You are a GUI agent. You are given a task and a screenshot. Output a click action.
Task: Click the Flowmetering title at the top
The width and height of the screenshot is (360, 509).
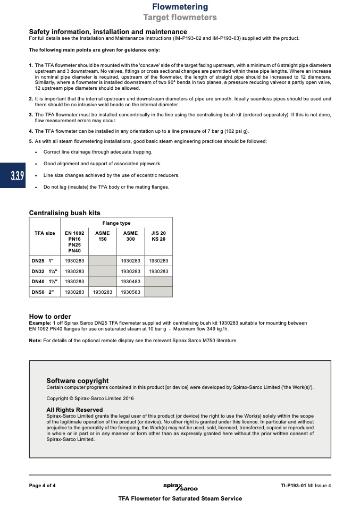click(x=180, y=7)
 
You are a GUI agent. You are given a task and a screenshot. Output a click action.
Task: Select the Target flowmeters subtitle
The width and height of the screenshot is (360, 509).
click(x=180, y=18)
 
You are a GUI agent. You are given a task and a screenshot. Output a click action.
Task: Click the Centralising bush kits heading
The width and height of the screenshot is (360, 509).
click(x=64, y=213)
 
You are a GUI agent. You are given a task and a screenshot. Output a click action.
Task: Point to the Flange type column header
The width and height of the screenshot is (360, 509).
click(x=116, y=223)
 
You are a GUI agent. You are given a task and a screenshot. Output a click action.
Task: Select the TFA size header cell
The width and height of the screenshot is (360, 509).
click(x=45, y=233)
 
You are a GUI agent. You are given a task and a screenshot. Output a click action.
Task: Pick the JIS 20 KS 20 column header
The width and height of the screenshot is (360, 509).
click(x=158, y=236)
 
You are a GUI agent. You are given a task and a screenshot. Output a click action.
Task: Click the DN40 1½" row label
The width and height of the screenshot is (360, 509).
click(x=45, y=282)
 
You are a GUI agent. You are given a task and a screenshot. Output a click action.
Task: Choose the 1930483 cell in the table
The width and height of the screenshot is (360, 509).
click(x=130, y=282)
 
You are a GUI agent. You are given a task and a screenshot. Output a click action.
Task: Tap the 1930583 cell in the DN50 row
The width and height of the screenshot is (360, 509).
click(x=130, y=292)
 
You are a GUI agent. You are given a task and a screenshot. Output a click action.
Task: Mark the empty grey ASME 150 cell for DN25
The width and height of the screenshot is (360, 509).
click(x=102, y=261)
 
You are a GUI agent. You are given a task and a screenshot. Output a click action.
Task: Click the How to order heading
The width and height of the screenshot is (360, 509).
click(x=50, y=316)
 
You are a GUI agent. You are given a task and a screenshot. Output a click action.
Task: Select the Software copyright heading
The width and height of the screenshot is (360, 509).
click(x=78, y=380)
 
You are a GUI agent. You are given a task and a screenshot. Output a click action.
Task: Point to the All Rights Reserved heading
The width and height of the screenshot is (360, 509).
click(x=74, y=410)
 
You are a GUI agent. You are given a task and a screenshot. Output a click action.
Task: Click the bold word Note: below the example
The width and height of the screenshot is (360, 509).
click(x=35, y=341)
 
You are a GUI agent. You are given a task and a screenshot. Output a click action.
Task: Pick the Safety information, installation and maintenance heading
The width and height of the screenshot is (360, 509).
click(x=108, y=32)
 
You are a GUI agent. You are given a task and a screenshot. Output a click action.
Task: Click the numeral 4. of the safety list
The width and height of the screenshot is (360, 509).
click(x=31, y=131)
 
